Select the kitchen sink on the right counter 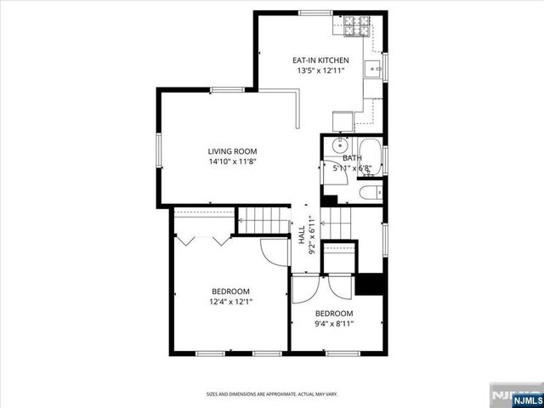[x=374, y=67]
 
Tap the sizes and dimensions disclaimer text [x=271, y=394]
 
